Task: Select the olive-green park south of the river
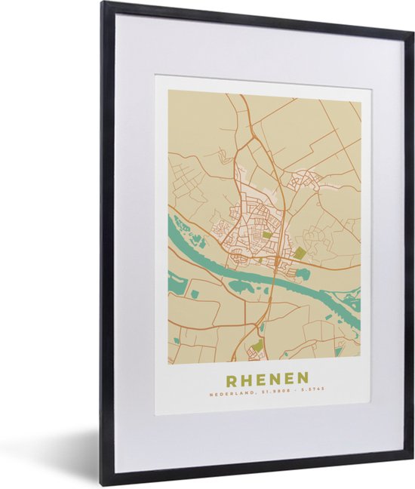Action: click(x=257, y=346)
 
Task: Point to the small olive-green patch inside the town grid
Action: click(x=267, y=235)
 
